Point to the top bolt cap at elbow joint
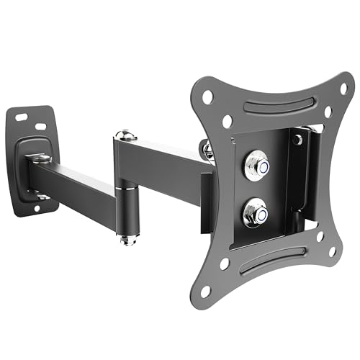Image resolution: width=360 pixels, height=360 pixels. tap(125, 134)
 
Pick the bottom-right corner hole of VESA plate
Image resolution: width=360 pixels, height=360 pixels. tap(332, 252)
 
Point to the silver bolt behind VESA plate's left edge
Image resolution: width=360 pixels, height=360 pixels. tap(208, 150)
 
